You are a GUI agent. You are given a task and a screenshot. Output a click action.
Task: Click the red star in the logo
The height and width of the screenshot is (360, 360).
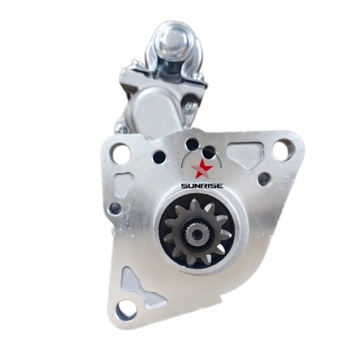tap(203, 169)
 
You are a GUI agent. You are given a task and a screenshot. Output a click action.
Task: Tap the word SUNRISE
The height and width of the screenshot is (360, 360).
tap(202, 186)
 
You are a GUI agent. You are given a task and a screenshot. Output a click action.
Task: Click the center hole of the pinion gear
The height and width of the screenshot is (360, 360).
tap(197, 234)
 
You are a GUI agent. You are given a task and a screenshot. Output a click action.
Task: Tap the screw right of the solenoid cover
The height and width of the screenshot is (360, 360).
tap(191, 107)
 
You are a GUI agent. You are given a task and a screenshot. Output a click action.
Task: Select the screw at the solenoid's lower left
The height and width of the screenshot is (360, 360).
tap(121, 129)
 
